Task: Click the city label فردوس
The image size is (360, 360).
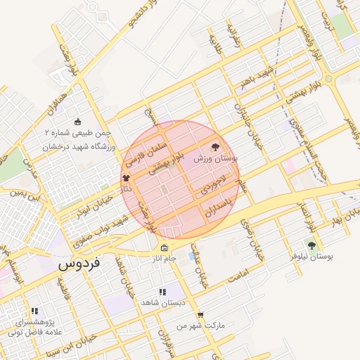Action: click(79, 264)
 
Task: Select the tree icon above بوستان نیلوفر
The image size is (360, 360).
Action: click(311, 245)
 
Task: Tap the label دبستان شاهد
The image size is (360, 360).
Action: click(162, 302)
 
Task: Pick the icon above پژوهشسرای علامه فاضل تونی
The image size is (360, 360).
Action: click(34, 310)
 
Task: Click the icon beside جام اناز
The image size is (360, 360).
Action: click(164, 247)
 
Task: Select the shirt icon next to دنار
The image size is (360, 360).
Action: click(127, 179)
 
